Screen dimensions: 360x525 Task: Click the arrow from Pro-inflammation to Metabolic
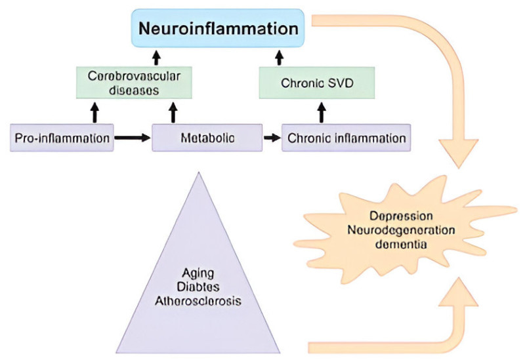(x=133, y=138)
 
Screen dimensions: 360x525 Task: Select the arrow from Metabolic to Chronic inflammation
(x=270, y=138)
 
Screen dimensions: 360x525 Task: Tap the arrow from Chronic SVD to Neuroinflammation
(x=279, y=57)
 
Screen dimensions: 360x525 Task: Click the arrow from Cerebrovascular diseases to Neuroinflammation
(x=156, y=57)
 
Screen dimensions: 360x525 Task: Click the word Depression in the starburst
(x=400, y=216)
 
